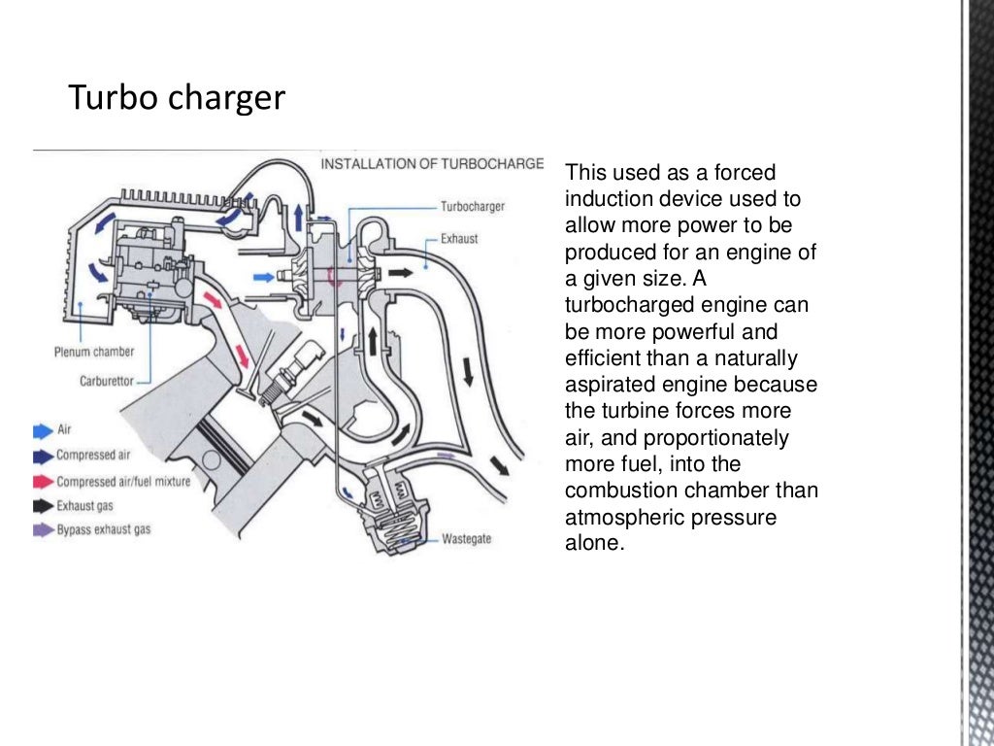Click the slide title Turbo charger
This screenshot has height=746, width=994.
176,98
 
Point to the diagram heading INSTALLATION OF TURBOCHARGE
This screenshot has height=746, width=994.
432,163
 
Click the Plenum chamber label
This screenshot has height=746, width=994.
94,352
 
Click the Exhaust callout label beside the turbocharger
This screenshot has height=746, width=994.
459,238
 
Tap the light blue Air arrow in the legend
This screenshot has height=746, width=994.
44,429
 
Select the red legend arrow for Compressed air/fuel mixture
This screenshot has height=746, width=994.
44,481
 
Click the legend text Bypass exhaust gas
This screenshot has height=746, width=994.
104,530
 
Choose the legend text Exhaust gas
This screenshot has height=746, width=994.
84,506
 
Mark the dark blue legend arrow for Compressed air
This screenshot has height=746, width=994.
44,456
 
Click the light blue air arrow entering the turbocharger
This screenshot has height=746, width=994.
263,277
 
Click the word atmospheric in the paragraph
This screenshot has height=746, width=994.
624,517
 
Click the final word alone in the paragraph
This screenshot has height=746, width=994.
592,543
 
